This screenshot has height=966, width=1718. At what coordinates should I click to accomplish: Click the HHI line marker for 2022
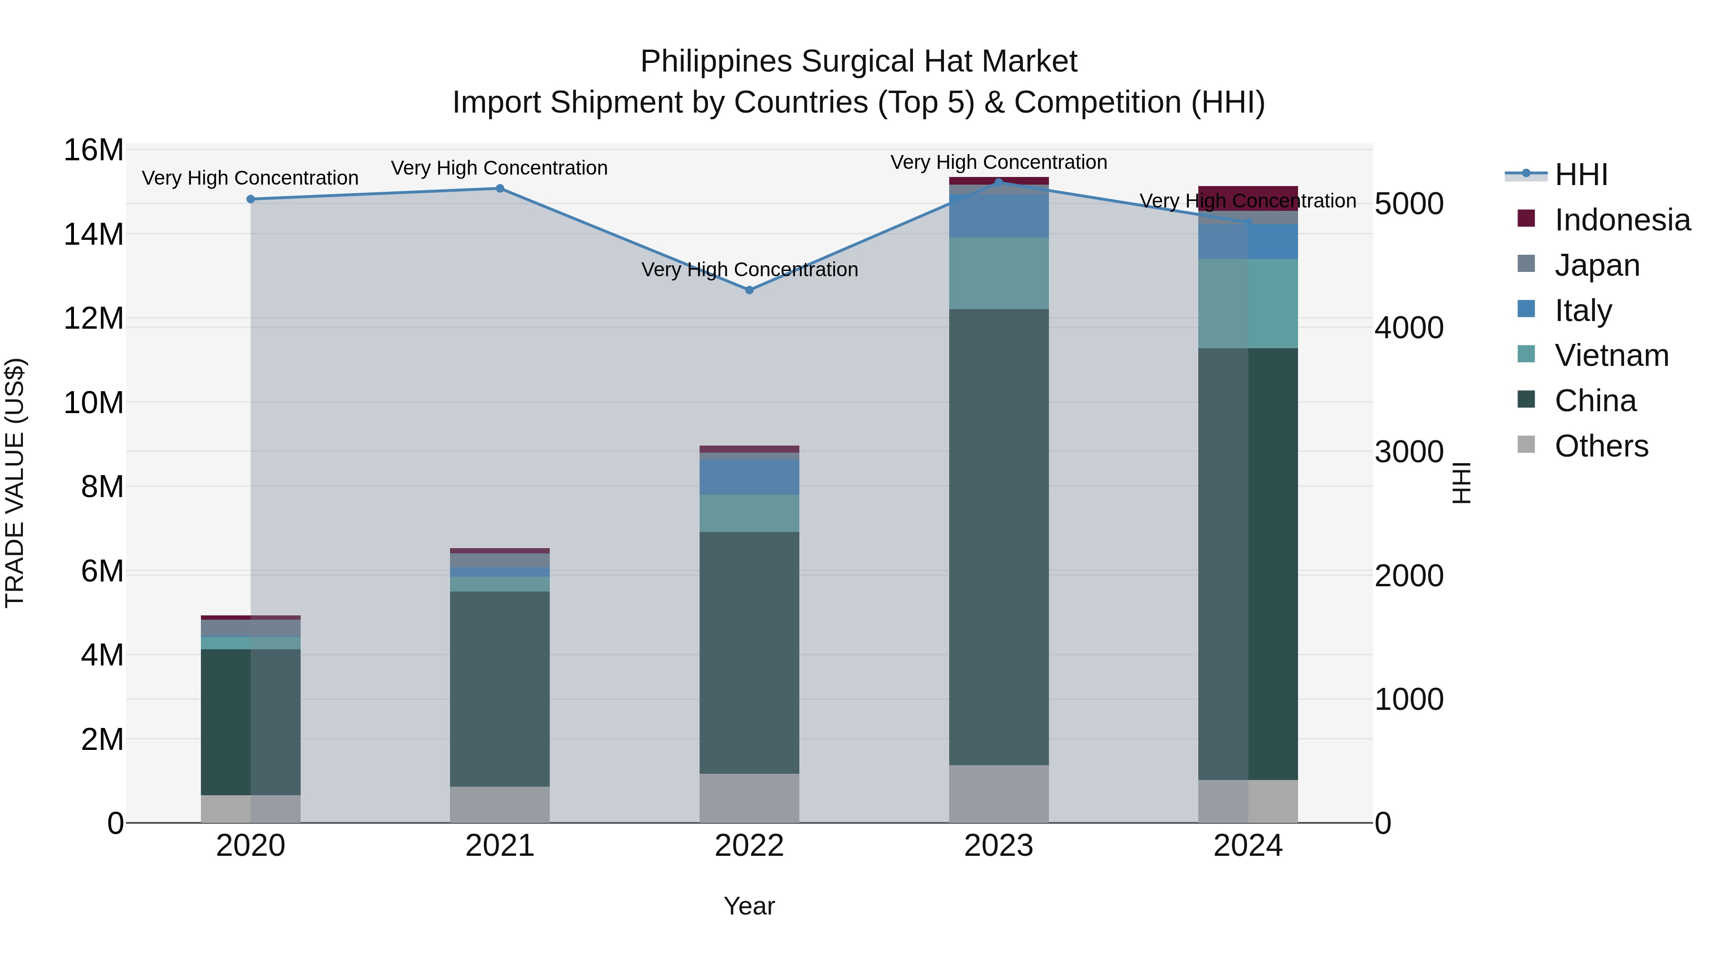[x=749, y=290]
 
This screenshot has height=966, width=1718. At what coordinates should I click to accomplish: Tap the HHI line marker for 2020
[x=251, y=199]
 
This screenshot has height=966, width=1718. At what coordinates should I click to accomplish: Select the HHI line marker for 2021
[x=500, y=188]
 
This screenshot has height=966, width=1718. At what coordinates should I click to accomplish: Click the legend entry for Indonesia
[x=1622, y=220]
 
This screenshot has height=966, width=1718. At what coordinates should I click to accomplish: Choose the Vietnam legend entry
[x=1611, y=355]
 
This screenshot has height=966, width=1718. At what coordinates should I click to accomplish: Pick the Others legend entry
[x=1601, y=446]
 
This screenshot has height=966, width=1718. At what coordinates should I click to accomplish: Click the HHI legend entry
[x=1581, y=175]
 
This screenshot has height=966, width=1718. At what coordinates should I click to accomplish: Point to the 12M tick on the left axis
[x=94, y=319]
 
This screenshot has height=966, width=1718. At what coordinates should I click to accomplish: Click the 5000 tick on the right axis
[x=1409, y=204]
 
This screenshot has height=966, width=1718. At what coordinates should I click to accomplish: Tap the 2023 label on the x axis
[x=998, y=846]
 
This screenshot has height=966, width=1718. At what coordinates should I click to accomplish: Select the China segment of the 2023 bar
[x=998, y=537]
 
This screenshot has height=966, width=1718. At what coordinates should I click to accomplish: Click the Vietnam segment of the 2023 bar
[x=998, y=273]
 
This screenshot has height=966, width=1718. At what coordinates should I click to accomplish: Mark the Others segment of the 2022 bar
[x=749, y=798]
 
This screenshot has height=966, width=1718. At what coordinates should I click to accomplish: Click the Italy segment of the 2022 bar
[x=749, y=477]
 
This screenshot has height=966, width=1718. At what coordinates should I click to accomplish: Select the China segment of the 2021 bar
[x=500, y=689]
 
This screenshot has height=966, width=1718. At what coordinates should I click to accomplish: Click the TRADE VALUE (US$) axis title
[x=15, y=483]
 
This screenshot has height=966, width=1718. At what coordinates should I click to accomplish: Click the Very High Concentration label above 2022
[x=749, y=270]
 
